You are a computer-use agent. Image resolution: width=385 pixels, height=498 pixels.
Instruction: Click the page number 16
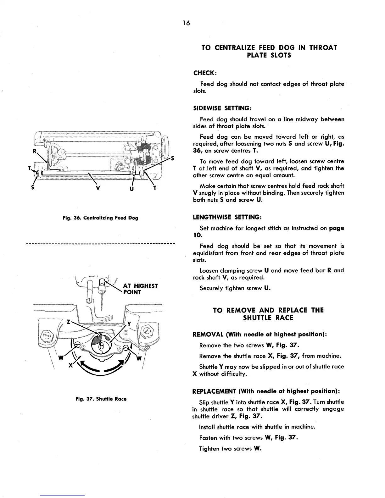pyautogui.click(x=186, y=23)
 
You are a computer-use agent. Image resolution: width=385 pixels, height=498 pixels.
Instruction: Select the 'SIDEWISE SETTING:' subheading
pyautogui.click(x=221, y=108)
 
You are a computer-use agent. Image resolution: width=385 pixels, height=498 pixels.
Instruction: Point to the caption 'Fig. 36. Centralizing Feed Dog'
pyautogui.click(x=101, y=218)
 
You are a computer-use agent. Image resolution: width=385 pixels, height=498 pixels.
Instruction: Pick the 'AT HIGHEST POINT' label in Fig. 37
pyautogui.click(x=140, y=289)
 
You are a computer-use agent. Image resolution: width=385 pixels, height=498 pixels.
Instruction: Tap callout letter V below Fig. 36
pyautogui.click(x=98, y=188)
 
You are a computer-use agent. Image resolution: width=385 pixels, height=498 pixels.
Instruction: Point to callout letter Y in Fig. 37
pyautogui.click(x=129, y=324)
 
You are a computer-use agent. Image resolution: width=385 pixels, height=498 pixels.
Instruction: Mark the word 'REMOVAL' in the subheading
pyautogui.click(x=208, y=334)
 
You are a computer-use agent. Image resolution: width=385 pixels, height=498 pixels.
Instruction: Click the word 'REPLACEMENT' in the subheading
pyautogui.click(x=214, y=391)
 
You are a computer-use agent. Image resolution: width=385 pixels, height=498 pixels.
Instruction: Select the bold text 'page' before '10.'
pyautogui.click(x=336, y=228)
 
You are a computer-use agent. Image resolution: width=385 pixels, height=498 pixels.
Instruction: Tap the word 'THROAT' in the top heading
pyautogui.click(x=323, y=48)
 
